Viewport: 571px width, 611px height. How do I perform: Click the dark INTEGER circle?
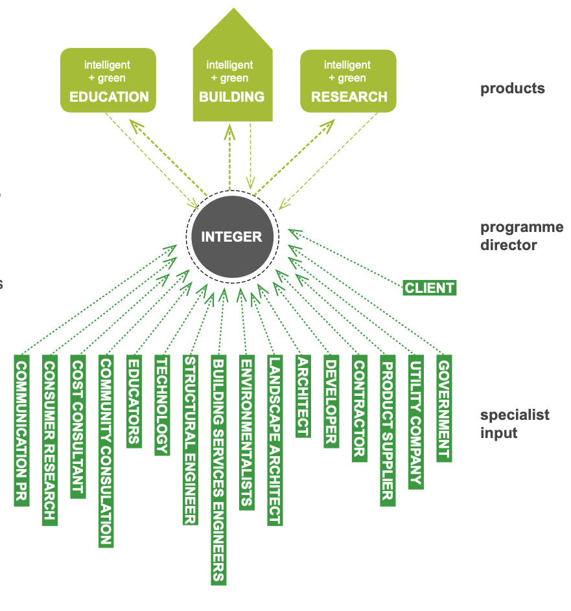pyautogui.click(x=231, y=236)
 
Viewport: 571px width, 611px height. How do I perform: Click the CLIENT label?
pyautogui.click(x=430, y=288)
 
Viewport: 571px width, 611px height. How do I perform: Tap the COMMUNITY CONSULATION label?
pyautogui.click(x=106, y=451)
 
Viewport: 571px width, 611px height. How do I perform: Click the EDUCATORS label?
pyautogui.click(x=134, y=401)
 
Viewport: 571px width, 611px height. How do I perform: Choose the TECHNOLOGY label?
pyautogui.click(x=162, y=405)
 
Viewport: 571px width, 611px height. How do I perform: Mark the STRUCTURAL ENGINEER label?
pyautogui.click(x=191, y=440)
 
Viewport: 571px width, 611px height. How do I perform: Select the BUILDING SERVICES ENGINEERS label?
pyautogui.click(x=219, y=470)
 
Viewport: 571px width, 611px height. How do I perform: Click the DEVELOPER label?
pyautogui.click(x=331, y=401)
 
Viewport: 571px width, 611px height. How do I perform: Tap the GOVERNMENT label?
pyautogui.click(x=444, y=408)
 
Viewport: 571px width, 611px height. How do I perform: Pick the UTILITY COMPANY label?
pyautogui.click(x=415, y=422)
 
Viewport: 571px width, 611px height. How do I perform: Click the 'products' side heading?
pyautogui.click(x=512, y=89)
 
